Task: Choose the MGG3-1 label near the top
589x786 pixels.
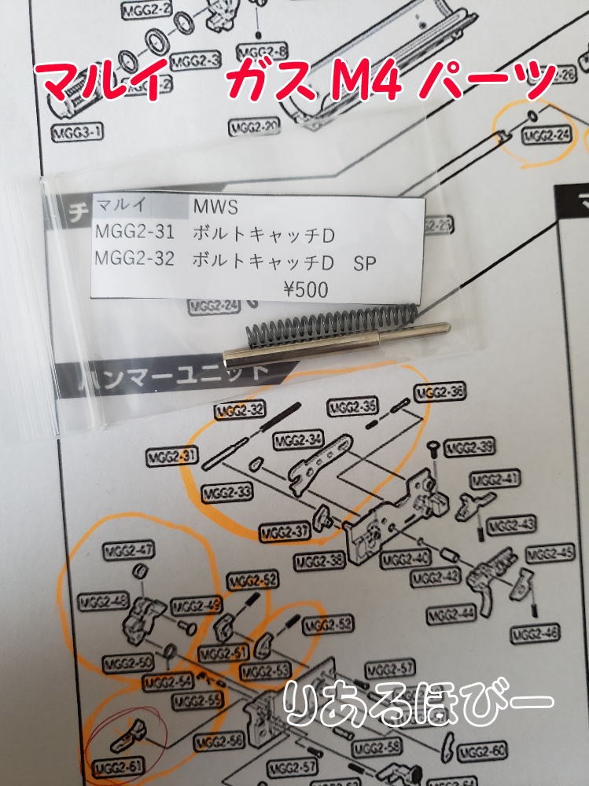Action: click(x=77, y=133)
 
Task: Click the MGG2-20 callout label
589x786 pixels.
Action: click(x=254, y=128)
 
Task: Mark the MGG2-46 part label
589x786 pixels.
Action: click(x=535, y=633)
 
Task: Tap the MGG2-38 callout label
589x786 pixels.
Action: click(x=320, y=562)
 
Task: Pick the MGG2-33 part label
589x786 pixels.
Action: click(x=226, y=493)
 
